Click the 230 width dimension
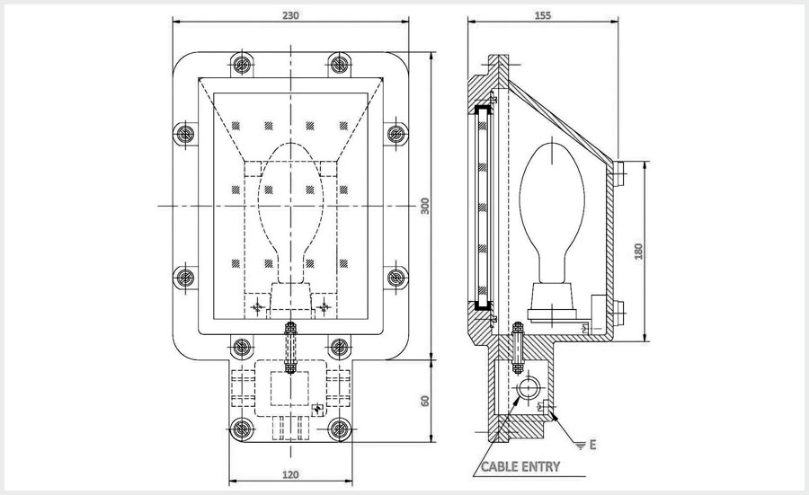tap(290, 15)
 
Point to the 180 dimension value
tap(639, 251)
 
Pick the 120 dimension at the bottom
tap(290, 473)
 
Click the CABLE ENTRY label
tap(520, 467)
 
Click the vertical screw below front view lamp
tap(289, 348)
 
